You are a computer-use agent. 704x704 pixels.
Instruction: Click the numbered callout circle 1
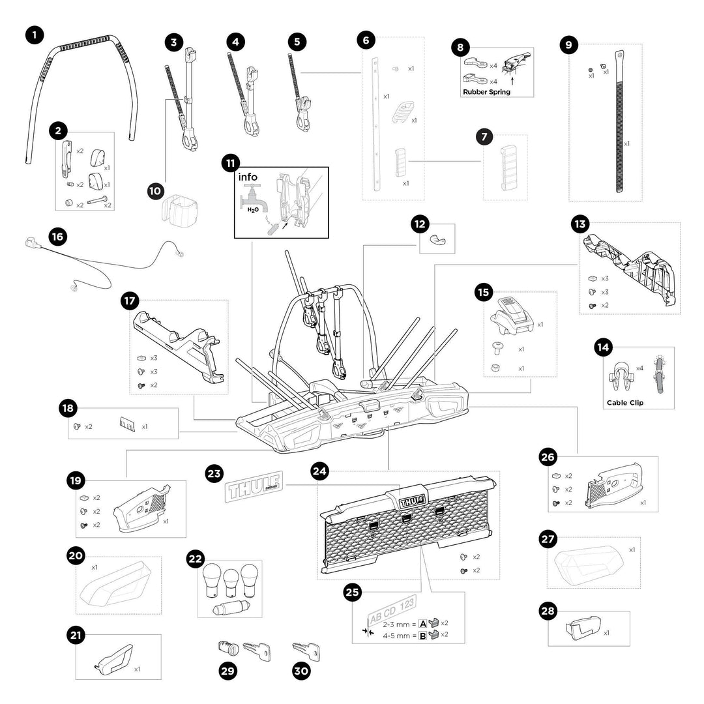coord(35,35)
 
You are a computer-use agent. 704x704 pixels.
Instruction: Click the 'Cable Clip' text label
coord(624,403)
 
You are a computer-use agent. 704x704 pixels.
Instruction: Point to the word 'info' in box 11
coord(248,177)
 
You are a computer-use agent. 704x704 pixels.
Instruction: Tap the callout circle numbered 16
coord(58,237)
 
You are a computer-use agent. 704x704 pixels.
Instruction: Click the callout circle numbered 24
coord(319,471)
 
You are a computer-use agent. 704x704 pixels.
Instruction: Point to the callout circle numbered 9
coord(569,45)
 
